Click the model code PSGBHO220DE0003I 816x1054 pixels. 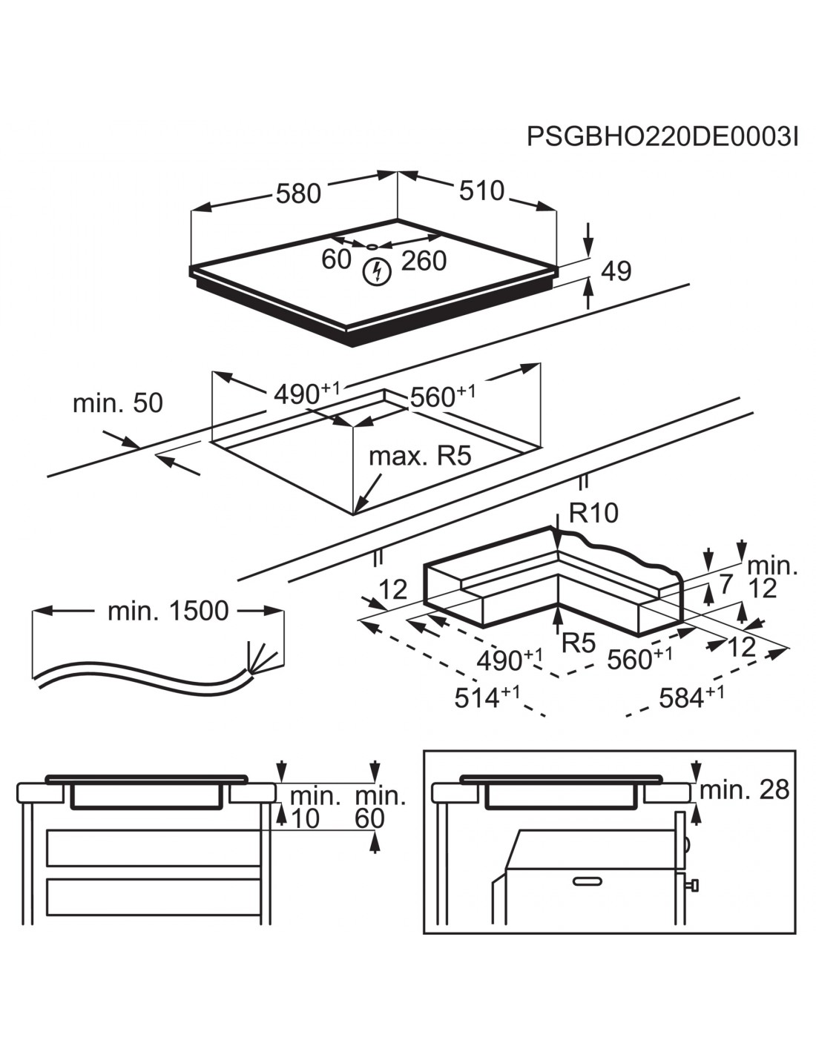click(x=662, y=137)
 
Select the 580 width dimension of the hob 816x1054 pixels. click(x=298, y=193)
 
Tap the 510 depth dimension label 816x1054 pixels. click(x=481, y=190)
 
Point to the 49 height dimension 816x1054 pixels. click(x=615, y=271)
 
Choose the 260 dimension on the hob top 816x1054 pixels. click(x=424, y=260)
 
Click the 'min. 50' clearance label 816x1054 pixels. click(x=117, y=403)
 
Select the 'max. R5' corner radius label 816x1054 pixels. click(x=420, y=456)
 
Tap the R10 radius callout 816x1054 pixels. click(x=593, y=512)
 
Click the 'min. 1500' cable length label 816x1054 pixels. click(x=168, y=611)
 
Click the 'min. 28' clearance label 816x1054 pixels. click(x=744, y=790)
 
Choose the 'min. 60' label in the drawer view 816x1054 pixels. click(x=381, y=807)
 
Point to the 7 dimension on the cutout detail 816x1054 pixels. click(x=725, y=583)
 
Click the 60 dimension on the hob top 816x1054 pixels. click(x=336, y=259)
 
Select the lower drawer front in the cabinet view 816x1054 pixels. click(x=154, y=897)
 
